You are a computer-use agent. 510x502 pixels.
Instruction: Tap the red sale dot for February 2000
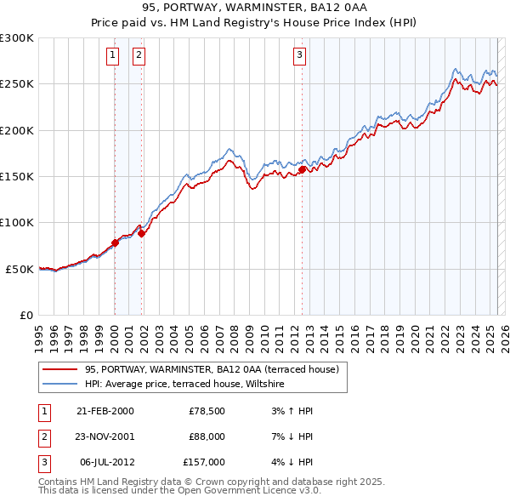(x=115, y=242)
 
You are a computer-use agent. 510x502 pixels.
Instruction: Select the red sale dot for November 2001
(x=141, y=233)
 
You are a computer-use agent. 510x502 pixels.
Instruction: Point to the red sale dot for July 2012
(x=302, y=170)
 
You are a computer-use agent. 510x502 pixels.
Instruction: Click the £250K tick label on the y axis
(x=17, y=84)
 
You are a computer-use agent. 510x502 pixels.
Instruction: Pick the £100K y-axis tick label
(x=17, y=222)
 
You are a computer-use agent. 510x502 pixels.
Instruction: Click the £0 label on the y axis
(x=25, y=315)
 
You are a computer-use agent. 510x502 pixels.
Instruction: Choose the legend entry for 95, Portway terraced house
(x=212, y=369)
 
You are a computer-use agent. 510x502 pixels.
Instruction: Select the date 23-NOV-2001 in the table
(x=105, y=436)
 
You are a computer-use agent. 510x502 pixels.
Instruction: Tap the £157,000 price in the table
(x=204, y=462)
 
